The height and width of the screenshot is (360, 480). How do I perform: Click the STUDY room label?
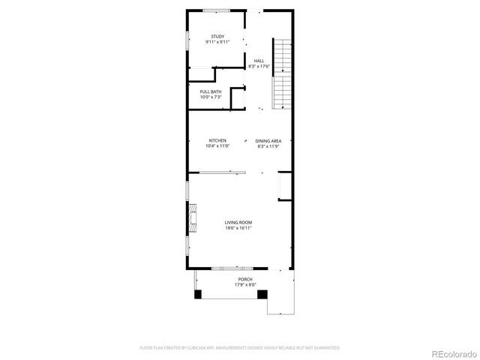pos(217,36)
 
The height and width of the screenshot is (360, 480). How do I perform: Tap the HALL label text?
pos(259,61)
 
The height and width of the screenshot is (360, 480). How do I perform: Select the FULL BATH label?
pos(210,91)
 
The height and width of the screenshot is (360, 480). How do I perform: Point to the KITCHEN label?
pos(217,140)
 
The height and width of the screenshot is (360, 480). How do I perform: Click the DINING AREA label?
pos(268,141)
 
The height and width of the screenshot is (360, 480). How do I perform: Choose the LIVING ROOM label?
pos(238,223)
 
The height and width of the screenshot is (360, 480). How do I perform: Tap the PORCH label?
pos(245,279)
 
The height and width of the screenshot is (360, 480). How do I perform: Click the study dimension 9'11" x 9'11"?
pos(217,42)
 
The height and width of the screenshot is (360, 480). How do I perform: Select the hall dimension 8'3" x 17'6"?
pos(259,67)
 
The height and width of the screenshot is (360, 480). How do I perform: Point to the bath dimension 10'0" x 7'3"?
pos(210,97)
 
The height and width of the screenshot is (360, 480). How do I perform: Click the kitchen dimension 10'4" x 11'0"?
pos(217,146)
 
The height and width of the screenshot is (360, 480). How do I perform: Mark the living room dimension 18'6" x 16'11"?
pos(238,229)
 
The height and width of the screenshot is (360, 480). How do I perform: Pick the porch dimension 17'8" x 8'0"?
pos(245,285)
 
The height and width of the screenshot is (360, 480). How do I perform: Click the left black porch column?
pos(198,294)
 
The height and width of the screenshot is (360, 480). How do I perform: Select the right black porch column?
pos(262,294)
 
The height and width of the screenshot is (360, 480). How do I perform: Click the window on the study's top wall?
pos(217,10)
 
